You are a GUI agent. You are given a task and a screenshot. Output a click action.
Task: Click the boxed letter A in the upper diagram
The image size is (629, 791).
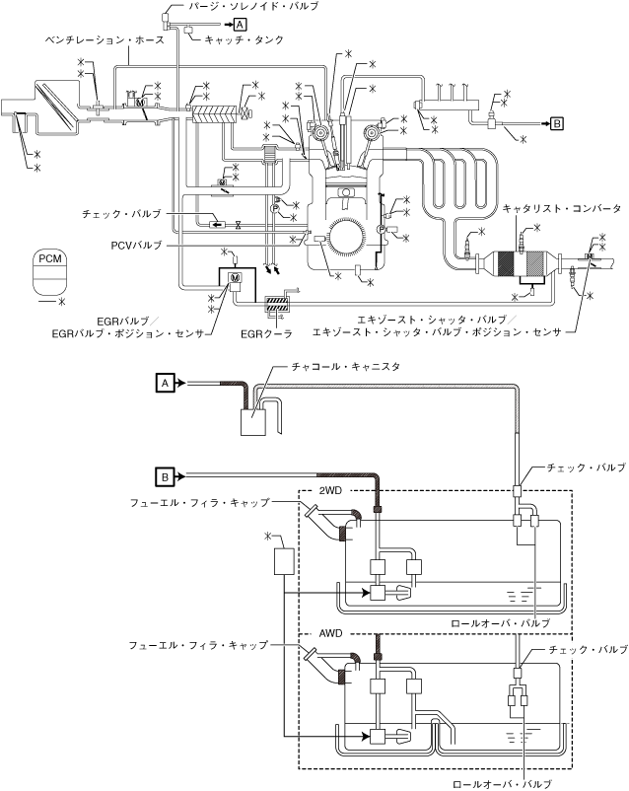[241, 25]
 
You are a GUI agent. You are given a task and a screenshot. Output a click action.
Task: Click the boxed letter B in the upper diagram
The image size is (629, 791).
[556, 123]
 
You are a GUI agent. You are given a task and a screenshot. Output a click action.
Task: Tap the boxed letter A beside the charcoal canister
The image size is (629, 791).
[165, 383]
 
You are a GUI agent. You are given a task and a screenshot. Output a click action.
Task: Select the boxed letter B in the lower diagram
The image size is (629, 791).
[165, 476]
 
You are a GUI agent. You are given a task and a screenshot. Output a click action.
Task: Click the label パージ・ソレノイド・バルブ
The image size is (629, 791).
[253, 7]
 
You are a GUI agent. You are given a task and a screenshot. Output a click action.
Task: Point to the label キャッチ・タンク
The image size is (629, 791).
[245, 39]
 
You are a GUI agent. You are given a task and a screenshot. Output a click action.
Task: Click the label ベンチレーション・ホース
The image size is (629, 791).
[105, 39]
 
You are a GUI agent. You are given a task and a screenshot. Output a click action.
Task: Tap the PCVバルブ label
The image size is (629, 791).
[136, 246]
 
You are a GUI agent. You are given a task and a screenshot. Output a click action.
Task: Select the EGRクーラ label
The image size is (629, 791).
[266, 334]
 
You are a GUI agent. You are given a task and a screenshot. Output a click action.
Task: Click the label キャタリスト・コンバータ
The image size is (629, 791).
[562, 208]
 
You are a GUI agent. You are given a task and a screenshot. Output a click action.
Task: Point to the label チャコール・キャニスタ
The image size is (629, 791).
[346, 367]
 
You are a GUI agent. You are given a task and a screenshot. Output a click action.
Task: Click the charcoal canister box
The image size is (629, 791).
[253, 422]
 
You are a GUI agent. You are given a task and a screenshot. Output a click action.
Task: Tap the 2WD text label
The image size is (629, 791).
[330, 491]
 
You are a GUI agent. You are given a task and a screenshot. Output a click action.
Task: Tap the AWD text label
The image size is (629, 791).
[330, 633]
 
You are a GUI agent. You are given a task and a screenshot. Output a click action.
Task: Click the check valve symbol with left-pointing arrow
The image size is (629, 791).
[218, 224]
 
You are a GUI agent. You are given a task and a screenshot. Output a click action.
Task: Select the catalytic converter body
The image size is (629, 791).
[522, 263]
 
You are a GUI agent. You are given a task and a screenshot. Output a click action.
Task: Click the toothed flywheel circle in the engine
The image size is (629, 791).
[346, 236]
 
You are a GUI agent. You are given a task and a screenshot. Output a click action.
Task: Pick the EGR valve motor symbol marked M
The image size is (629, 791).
[235, 277]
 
